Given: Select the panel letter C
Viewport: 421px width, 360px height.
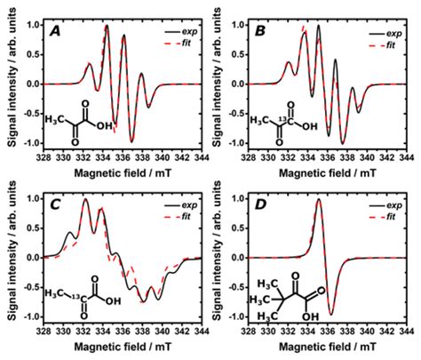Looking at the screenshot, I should pyautogui.click(x=54, y=204).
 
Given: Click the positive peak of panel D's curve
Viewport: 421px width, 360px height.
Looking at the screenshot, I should pyautogui.click(x=318, y=202).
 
